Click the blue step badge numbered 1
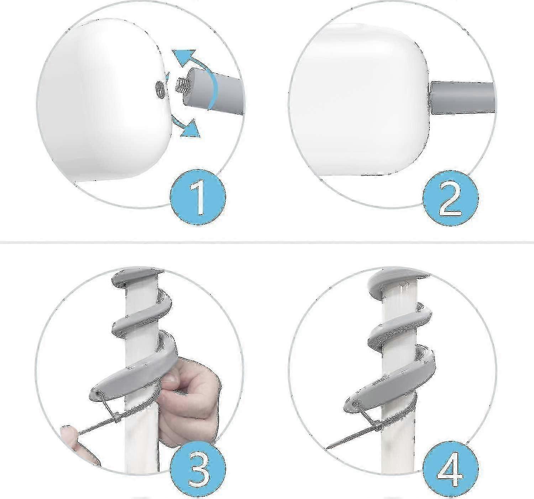[198, 197]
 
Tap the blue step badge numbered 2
[451, 198]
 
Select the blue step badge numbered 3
[198, 471]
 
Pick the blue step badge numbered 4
[451, 471]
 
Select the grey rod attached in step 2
[462, 98]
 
